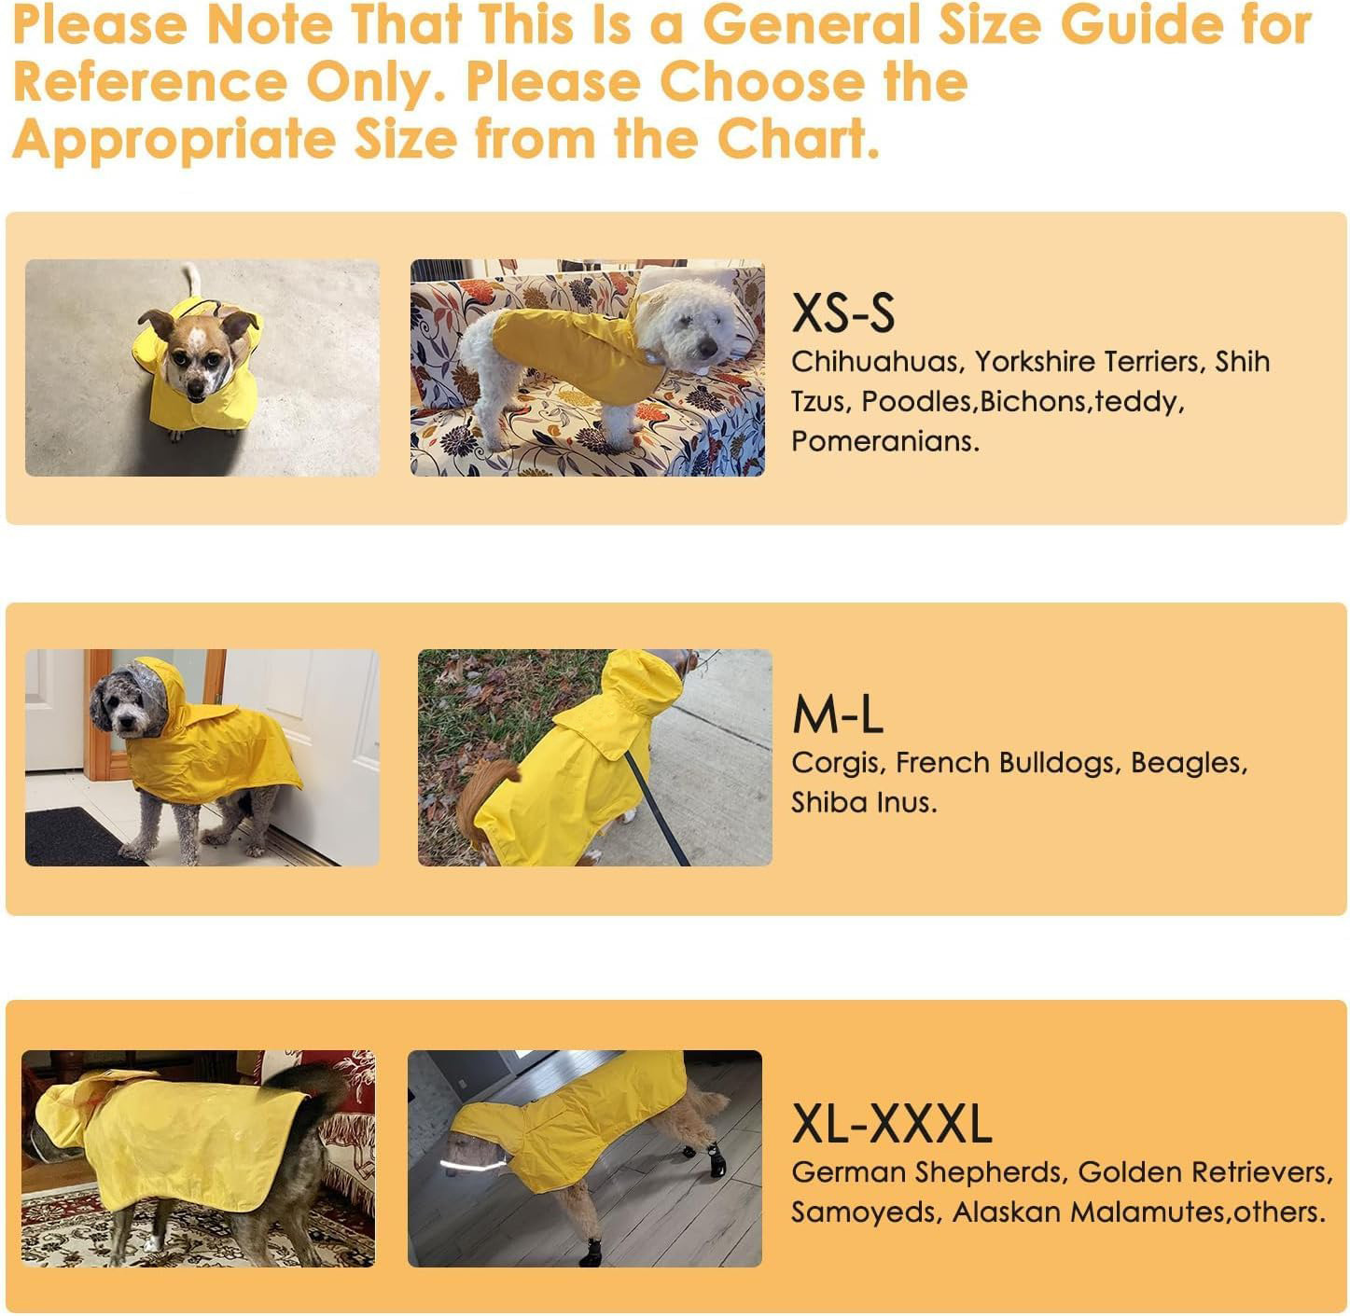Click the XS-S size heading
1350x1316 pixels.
point(842,313)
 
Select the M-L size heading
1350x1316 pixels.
point(837,716)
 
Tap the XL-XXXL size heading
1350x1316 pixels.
point(891,1124)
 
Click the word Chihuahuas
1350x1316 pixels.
point(874,362)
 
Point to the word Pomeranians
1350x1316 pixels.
point(884,441)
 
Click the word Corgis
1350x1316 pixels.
point(837,763)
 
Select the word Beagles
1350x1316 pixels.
point(1188,763)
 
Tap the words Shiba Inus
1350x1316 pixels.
point(863,803)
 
